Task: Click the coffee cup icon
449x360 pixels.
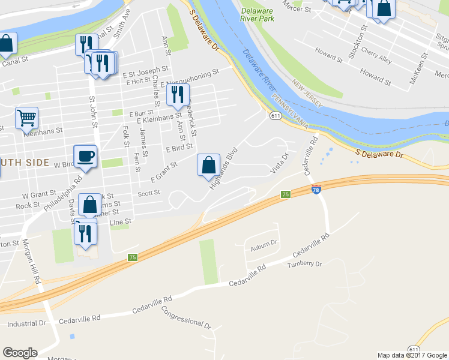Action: [85, 156]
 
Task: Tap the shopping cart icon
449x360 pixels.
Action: [26, 118]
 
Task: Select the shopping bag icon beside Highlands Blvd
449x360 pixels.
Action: [208, 164]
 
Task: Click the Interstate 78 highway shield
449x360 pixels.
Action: [316, 190]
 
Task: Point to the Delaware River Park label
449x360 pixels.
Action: [258, 15]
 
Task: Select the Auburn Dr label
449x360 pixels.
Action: [264, 244]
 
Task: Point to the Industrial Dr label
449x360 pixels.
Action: [26, 323]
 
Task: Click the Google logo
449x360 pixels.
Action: [20, 353]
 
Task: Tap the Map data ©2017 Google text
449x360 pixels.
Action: [412, 355]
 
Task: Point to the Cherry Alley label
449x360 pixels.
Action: [377, 57]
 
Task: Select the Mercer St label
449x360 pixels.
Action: [298, 10]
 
